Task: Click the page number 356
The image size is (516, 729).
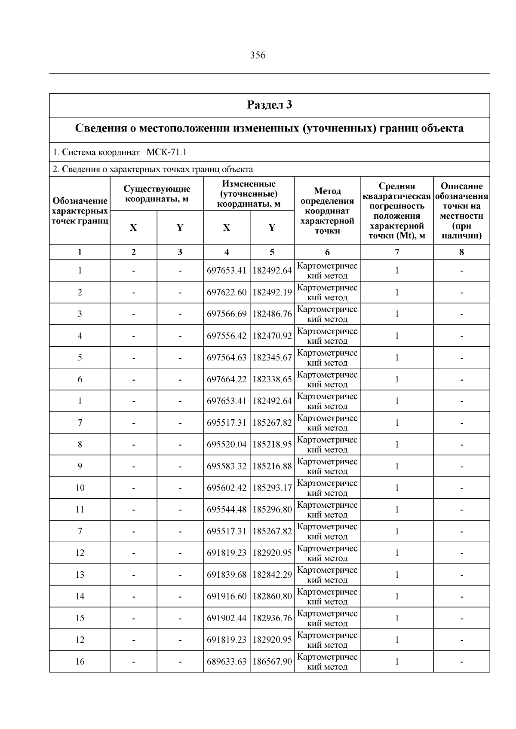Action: pos(258,55)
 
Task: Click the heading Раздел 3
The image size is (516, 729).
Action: pos(270,105)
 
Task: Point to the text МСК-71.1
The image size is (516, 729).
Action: pos(166,152)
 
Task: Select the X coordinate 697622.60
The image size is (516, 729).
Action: pos(227,293)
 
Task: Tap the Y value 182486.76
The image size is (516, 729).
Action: pos(272,314)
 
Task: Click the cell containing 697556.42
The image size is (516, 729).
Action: pos(227,336)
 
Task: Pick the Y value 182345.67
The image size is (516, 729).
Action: pos(272,357)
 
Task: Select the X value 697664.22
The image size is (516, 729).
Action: pos(227,379)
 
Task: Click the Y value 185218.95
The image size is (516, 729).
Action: pos(272,445)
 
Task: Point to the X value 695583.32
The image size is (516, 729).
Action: pos(227,466)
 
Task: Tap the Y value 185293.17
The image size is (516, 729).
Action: pos(272,488)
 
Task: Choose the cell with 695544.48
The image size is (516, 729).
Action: pos(227,509)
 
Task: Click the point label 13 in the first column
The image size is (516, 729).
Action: pos(80,575)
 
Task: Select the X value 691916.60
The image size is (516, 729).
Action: pos(227,596)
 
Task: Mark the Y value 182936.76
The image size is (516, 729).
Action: pos(272,618)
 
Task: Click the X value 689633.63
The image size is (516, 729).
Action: pos(227,662)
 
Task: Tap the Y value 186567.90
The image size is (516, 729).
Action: pos(272,662)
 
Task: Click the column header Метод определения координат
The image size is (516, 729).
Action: pos(327,210)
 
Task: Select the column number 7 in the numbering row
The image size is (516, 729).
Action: pos(396,252)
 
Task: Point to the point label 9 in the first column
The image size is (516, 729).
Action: pos(80,466)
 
